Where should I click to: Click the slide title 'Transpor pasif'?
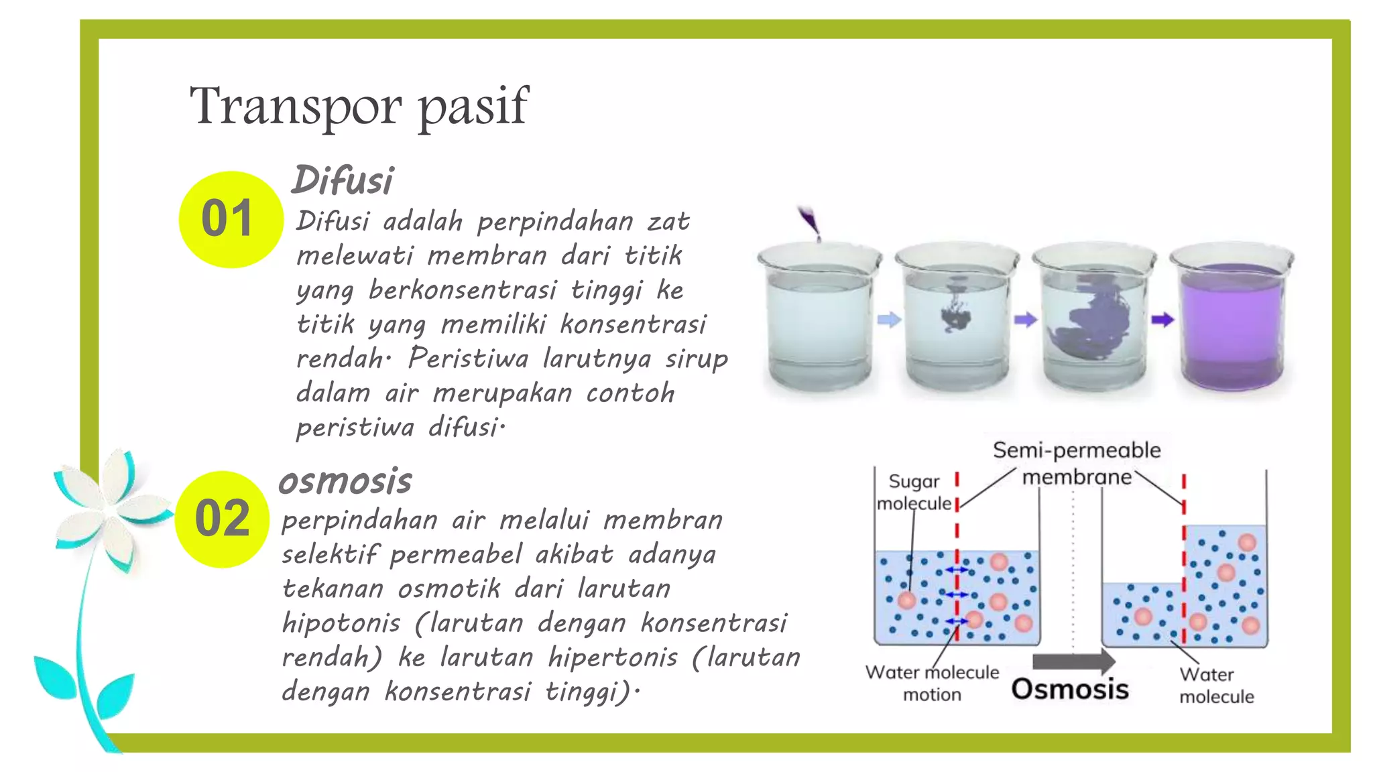coord(359,106)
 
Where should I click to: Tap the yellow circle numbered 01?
coord(230,219)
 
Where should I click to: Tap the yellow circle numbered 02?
coord(223,519)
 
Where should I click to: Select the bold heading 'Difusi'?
coord(343,180)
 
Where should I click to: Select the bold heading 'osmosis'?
coord(345,480)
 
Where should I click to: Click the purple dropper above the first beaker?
coord(810,222)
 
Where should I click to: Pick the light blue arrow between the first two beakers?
coord(889,320)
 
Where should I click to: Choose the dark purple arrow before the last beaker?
coord(1162,320)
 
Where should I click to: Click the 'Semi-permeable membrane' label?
coord(1077,463)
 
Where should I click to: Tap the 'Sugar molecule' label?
coord(914,492)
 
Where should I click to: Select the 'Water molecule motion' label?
coord(932,683)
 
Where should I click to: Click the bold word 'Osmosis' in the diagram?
coord(1070,689)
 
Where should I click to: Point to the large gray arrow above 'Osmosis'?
coord(1073,661)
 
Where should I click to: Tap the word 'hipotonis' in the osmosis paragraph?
coord(341,623)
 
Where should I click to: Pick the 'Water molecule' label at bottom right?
coord(1216,685)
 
